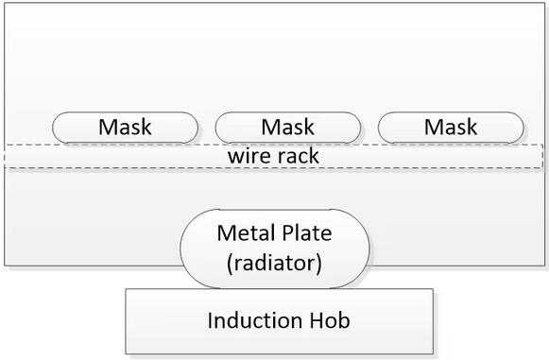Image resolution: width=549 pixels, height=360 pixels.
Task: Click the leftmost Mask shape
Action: pos(125,128)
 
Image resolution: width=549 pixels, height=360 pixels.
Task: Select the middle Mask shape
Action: pos(288,128)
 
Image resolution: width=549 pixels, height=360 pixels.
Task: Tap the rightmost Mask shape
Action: pos(451,128)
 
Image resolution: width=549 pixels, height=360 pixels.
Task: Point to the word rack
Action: pos(298,156)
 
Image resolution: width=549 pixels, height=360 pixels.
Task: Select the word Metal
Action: pos(245,232)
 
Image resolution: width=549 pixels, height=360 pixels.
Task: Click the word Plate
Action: pos(307,232)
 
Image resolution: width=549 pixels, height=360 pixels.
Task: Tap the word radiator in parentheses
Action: pos(274,263)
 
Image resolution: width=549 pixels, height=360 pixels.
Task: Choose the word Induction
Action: pos(254,320)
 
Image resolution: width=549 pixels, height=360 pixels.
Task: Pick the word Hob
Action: pos(330,320)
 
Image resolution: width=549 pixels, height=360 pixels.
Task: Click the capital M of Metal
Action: pos(225,233)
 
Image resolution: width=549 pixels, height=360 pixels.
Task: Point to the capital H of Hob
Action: pos(317,320)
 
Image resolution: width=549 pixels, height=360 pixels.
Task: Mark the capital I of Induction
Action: pos(210,320)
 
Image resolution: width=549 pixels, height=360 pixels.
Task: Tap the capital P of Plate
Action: pos(288,233)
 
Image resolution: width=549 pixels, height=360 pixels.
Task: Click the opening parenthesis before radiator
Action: pos(230,264)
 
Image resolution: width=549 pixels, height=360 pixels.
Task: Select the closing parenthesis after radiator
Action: pos(318,264)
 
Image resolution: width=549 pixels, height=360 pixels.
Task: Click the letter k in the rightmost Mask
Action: pos(472,127)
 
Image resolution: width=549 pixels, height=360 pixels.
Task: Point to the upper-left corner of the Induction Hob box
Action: pos(126,289)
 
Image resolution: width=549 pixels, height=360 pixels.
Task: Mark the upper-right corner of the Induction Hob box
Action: pos(433,289)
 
